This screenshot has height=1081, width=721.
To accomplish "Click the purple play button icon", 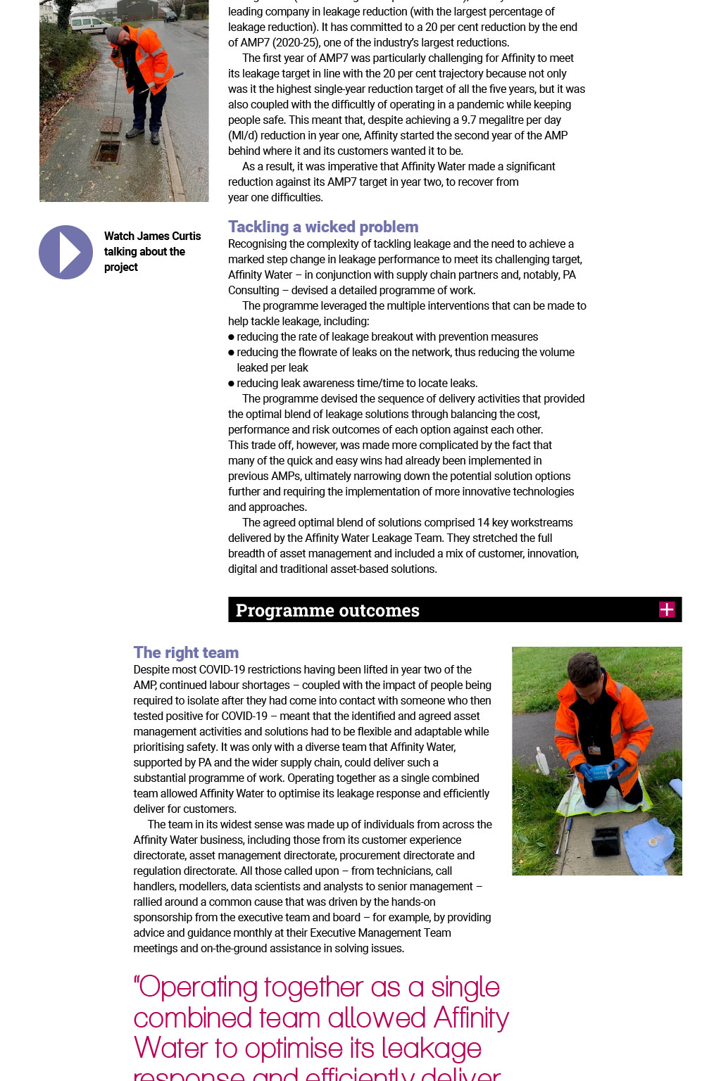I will pos(65,252).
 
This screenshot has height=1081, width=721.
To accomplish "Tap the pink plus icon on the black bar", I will pos(667,609).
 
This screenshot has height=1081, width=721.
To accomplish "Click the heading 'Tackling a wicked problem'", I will pos(323,227).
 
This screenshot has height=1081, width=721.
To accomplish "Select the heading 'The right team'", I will pos(186,652).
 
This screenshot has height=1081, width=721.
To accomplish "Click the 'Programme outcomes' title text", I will pos(327,610).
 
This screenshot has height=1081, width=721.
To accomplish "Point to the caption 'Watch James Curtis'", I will pos(152,236).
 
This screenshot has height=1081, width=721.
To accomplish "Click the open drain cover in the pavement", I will pos(107,151).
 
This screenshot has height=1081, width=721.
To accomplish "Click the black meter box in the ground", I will pos(606,841).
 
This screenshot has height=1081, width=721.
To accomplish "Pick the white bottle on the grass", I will pos(542,761).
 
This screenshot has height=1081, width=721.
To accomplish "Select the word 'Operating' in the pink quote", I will pos(198,987).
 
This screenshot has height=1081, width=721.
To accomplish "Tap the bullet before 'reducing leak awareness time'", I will pos(231,384).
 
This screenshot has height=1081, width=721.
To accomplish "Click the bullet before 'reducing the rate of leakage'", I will pos(231,337).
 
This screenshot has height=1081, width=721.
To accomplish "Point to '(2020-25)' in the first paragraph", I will pos(296,42).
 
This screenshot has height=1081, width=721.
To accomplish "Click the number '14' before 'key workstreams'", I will pos(483,522).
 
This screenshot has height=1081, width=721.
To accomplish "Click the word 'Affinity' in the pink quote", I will pos(471,1018).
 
